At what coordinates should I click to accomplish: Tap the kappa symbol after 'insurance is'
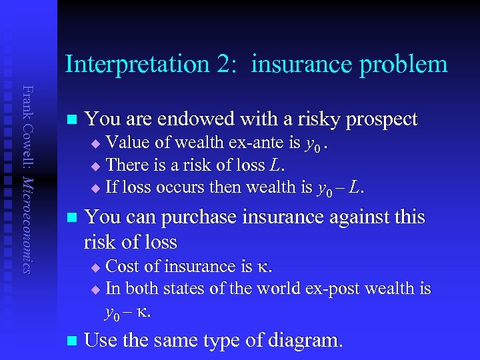pyautogui.click(x=263, y=267)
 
